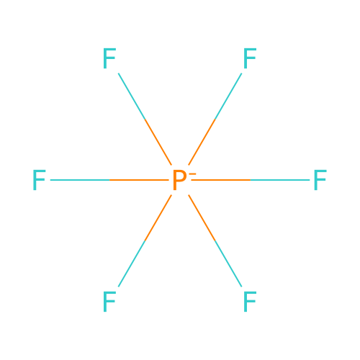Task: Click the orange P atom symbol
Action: point(179,180)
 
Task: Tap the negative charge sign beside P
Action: point(193,174)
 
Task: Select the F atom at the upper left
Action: point(109,58)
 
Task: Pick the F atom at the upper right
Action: point(250,58)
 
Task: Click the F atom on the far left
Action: point(39,180)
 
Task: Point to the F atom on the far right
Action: point(320,180)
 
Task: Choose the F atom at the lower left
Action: point(109,302)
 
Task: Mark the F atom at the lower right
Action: point(250,302)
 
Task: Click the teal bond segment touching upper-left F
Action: point(132,96)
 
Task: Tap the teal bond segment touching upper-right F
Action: point(228,96)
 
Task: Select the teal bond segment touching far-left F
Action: point(80,180)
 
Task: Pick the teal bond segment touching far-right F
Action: point(280,180)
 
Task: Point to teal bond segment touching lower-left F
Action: point(132,264)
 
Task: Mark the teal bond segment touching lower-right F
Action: point(228,264)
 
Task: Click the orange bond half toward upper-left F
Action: point(158,142)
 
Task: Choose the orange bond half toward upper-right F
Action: point(202,142)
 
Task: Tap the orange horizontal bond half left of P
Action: point(139,180)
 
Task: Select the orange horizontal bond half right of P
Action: point(221,180)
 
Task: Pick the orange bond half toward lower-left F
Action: point(158,218)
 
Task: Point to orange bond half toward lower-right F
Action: point(202,218)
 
